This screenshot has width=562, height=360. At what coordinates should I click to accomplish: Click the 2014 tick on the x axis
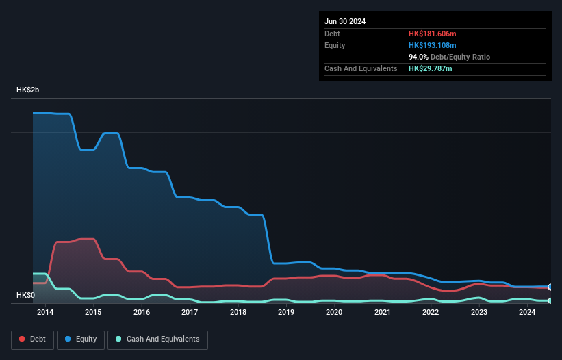click(45, 313)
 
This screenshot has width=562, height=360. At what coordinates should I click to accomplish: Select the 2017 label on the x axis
click(190, 313)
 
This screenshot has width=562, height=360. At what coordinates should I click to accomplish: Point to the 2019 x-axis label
click(286, 313)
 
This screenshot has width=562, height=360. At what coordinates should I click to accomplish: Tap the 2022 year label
click(431, 313)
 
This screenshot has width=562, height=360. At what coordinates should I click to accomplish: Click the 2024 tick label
click(527, 313)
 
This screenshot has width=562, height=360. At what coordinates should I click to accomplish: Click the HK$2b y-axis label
click(28, 90)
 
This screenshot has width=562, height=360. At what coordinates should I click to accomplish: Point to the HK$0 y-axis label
click(25, 296)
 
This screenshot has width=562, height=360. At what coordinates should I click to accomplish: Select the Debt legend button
click(31, 339)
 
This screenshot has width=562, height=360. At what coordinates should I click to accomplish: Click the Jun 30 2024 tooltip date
click(345, 21)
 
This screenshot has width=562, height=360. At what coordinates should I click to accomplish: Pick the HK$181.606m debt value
click(432, 34)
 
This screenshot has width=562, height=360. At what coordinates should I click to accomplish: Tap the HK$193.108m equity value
click(432, 45)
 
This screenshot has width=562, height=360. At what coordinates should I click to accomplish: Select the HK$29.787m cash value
click(430, 68)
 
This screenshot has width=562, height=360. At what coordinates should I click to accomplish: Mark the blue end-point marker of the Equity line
click(550, 287)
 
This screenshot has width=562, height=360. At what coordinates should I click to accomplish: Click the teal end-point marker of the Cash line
click(550, 300)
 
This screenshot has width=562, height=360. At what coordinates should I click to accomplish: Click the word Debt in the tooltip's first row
click(333, 34)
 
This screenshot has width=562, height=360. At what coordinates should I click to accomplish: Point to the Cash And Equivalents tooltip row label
click(361, 68)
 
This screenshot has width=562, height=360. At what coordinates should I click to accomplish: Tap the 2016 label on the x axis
click(142, 313)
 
